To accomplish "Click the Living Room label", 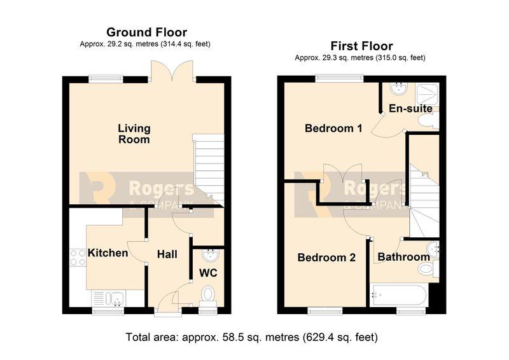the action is click(x=134, y=134).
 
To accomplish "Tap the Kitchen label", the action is click(x=108, y=253).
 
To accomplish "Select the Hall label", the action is click(x=167, y=254).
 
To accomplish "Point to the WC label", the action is click(x=208, y=273).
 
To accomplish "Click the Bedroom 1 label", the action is click(x=333, y=128).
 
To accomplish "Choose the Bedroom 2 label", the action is click(x=326, y=258).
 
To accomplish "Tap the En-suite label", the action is click(x=410, y=108).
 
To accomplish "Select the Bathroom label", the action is click(x=404, y=257).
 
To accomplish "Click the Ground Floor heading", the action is click(x=147, y=32).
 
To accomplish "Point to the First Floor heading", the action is click(x=361, y=46).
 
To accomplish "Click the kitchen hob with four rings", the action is click(x=78, y=258).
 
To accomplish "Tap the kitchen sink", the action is click(x=108, y=298).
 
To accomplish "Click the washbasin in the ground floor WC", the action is click(x=211, y=255).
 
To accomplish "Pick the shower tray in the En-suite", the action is click(x=427, y=95).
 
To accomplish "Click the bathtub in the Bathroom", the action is click(x=399, y=295).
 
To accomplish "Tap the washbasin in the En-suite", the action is click(x=399, y=88).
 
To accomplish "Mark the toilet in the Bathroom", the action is click(x=428, y=269).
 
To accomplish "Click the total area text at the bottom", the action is click(x=251, y=337).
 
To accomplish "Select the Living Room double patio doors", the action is click(x=172, y=70).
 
